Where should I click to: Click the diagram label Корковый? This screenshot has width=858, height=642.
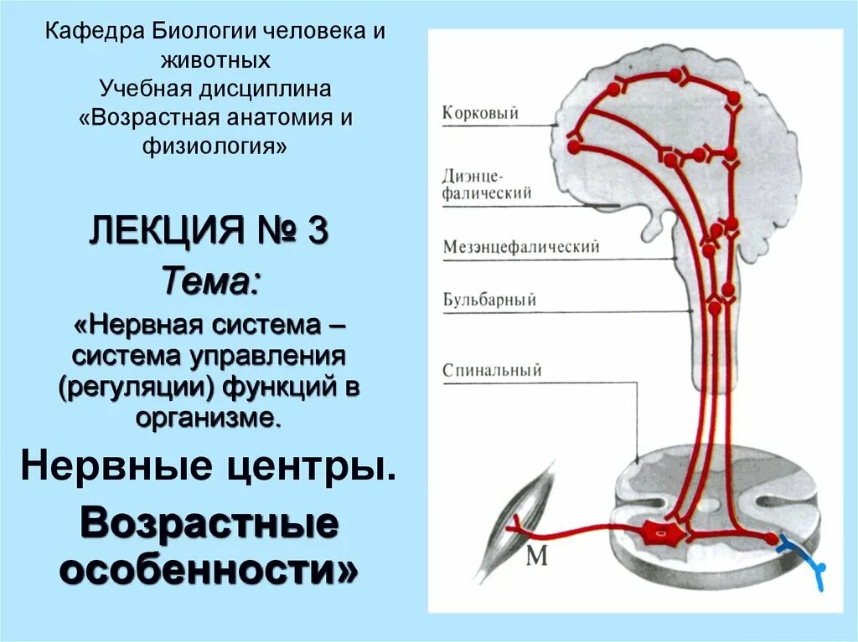480,113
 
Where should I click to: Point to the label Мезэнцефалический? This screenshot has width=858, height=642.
521,248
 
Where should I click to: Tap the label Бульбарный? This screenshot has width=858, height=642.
489,300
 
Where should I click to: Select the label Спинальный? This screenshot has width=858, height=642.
492,370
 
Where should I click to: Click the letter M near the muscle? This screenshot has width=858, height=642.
537,555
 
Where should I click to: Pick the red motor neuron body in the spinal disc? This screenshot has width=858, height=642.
662,532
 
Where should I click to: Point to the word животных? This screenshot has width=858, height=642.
216,61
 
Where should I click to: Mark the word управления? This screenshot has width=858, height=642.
268,356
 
